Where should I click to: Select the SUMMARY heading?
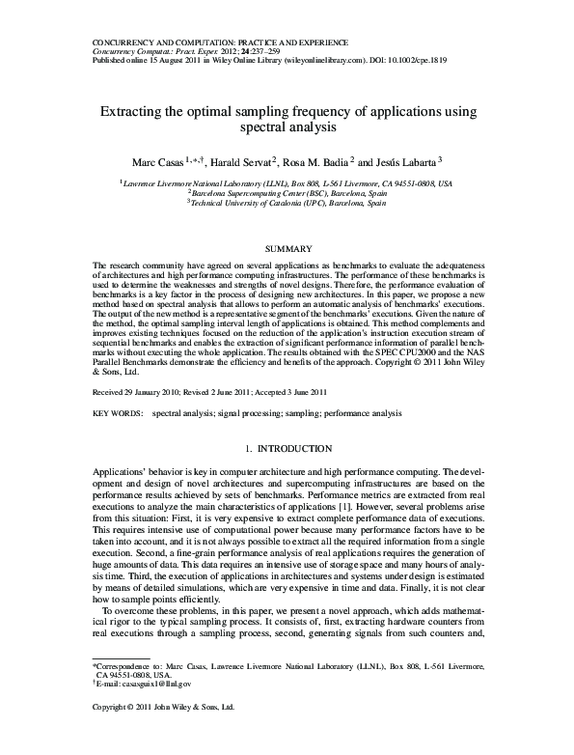coord(287,249)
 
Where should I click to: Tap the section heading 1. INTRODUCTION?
coord(287,449)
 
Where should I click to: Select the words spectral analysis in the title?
coord(287,126)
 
